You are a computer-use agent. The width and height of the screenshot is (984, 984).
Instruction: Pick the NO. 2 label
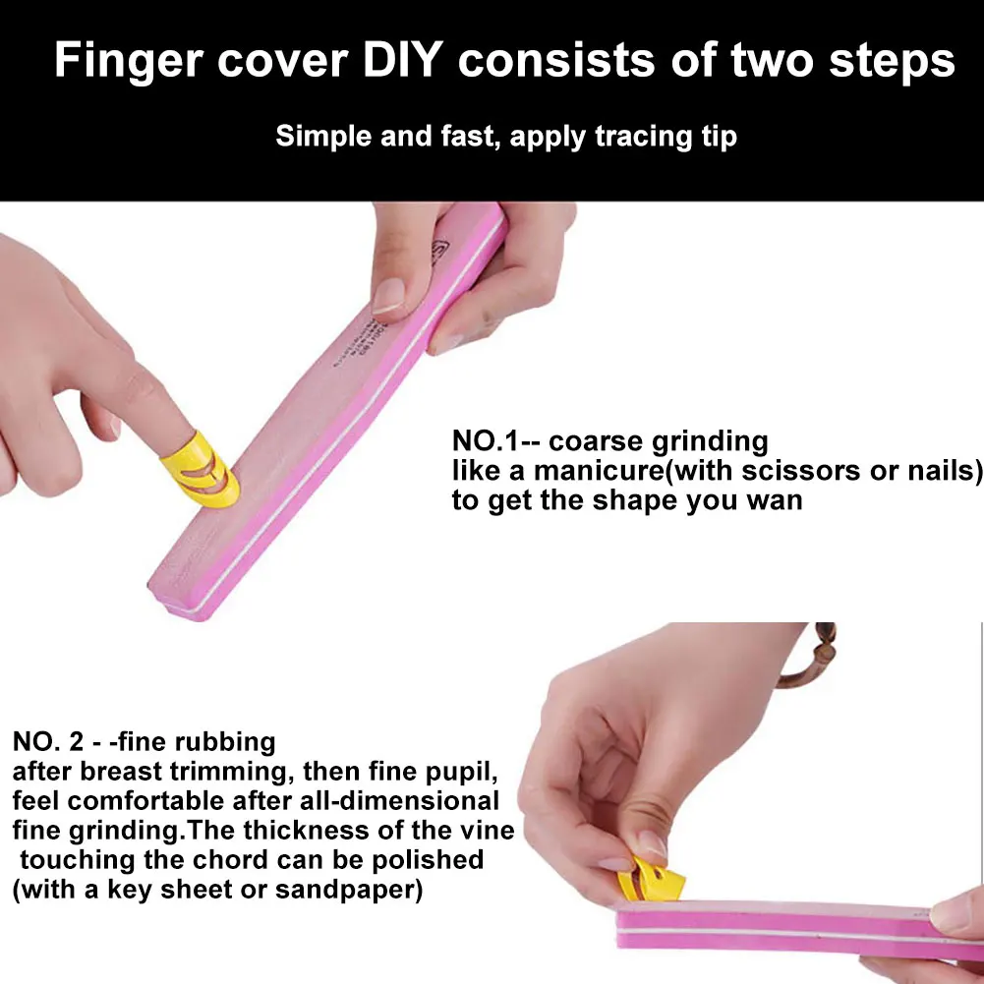(x=49, y=740)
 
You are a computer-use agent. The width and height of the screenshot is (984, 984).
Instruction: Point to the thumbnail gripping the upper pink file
(x=390, y=294)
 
